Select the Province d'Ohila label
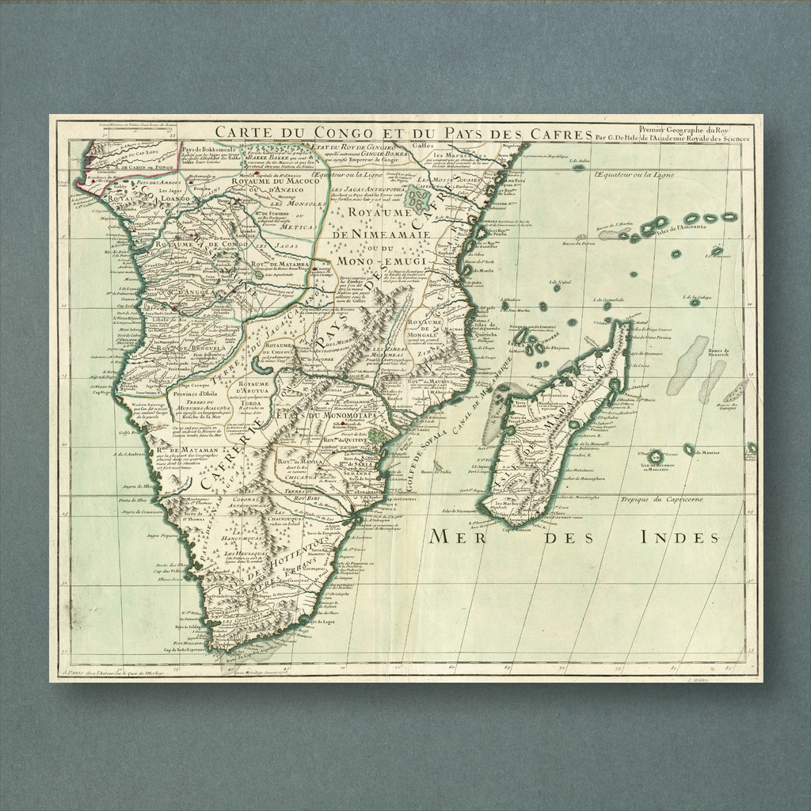pos(196,394)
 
